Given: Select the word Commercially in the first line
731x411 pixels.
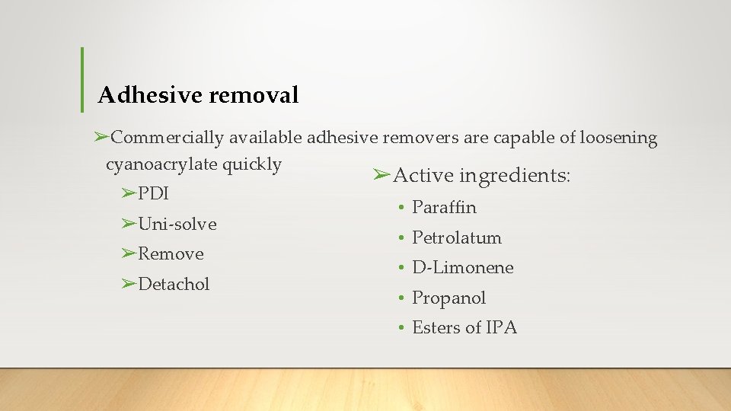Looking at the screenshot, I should pyautogui.click(x=168, y=138).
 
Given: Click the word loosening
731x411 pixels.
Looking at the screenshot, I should pyautogui.click(x=618, y=138).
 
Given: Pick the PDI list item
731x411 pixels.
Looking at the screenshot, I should pyautogui.click(x=153, y=193).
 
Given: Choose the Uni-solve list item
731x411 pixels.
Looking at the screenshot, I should pyautogui.click(x=177, y=224).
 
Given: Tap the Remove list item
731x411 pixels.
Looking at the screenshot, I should pyautogui.click(x=171, y=253).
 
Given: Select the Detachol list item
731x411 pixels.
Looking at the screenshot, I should pyautogui.click(x=174, y=284).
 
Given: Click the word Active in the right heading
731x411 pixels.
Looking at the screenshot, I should pyautogui.click(x=423, y=176).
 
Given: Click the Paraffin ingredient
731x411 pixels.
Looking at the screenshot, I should pyautogui.click(x=444, y=207).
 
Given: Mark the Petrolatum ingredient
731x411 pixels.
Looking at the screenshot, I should pyautogui.click(x=457, y=237).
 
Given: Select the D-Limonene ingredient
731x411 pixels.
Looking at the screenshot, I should pyautogui.click(x=463, y=267).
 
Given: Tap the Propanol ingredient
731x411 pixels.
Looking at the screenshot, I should pyautogui.click(x=448, y=298).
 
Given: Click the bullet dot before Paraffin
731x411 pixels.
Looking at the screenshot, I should pyautogui.click(x=401, y=208).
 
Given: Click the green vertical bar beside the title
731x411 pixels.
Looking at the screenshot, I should pyautogui.click(x=81, y=79).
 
